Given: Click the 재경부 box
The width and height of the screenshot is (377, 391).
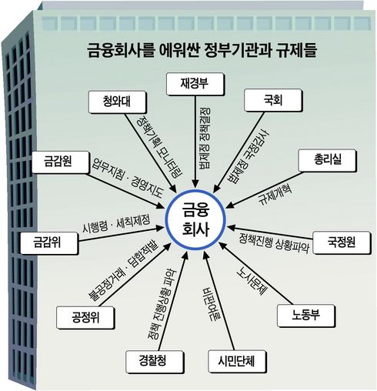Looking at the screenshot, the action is point(195,84).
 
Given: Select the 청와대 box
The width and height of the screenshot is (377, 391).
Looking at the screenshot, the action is point(118,102).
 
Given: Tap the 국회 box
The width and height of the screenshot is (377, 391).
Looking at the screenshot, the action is point(273,100).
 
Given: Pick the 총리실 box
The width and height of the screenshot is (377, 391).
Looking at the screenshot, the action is point(328,160).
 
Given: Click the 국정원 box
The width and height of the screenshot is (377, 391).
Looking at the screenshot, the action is point(342,242).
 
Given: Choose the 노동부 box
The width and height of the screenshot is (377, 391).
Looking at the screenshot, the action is point(306,316).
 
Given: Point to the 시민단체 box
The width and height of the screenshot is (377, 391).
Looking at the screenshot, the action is point(237,362).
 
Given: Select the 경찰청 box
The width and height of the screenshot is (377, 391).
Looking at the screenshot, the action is point(155,362).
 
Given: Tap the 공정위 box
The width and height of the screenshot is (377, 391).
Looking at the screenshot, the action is point(85,317).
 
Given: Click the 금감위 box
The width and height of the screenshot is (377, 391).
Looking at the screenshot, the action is point(49,242).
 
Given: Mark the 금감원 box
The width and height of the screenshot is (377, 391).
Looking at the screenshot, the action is point(61,162).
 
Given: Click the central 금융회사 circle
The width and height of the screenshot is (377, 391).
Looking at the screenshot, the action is point(195,219).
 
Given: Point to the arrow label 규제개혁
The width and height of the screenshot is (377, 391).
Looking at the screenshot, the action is point(275,194).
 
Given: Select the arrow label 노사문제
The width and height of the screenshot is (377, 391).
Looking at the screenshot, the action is point(252,281).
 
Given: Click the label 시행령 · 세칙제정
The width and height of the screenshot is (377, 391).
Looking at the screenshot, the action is point(116,223).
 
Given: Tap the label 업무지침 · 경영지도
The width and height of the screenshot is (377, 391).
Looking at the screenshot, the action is point(128,178).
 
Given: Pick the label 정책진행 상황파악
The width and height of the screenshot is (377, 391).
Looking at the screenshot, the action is point(275,242).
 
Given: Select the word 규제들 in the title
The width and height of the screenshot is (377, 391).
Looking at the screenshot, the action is point(296,50).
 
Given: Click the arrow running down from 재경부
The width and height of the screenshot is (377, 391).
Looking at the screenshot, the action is point(195,142).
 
